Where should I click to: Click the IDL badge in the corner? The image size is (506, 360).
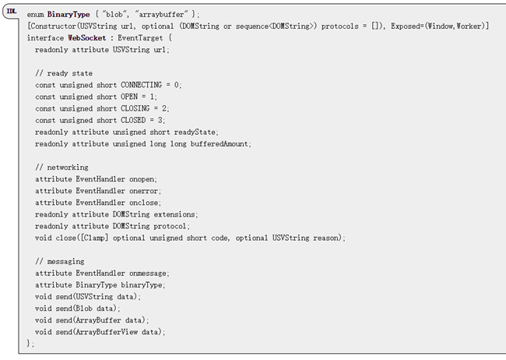pyautogui.click(x=12, y=12)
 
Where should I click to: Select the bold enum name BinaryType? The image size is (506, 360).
pyautogui.click(x=69, y=15)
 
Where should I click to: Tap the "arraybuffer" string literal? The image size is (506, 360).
pyautogui.click(x=161, y=15)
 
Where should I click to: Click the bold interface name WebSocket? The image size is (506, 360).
pyautogui.click(x=87, y=38)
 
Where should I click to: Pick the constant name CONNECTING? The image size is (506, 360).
pyautogui.click(x=141, y=85)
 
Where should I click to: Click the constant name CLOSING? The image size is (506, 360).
pyautogui.click(x=135, y=108)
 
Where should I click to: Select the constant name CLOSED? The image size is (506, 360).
pyautogui.click(x=133, y=120)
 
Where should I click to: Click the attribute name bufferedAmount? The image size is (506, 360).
pyautogui.click(x=219, y=144)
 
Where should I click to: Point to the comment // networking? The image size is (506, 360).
pyautogui.click(x=61, y=168)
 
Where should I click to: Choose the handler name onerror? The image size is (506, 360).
pyautogui.click(x=143, y=191)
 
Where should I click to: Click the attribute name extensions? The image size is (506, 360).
pyautogui.click(x=174, y=214)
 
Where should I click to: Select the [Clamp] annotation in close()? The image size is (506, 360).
pyautogui.click(x=94, y=238)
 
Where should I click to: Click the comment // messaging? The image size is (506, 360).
pyautogui.click(x=60, y=262)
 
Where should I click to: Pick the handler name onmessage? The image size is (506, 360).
pyautogui.click(x=147, y=274)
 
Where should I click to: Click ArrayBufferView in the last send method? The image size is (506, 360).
pyautogui.click(x=107, y=332)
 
